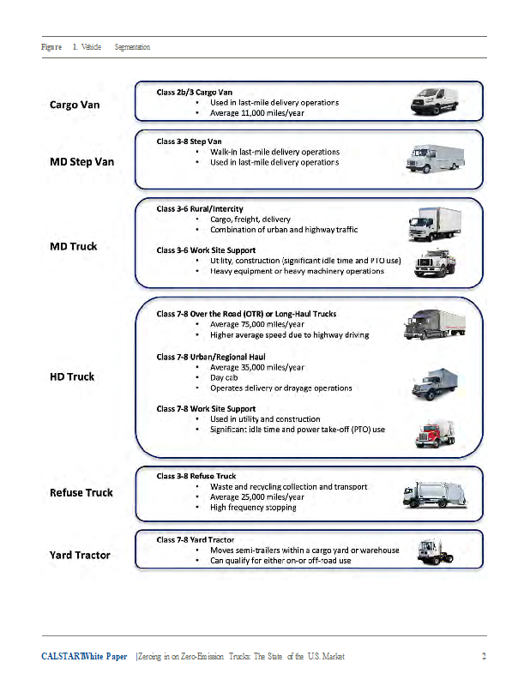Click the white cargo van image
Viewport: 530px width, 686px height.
435,100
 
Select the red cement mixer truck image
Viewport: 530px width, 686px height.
435,433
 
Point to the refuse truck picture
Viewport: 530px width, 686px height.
435,494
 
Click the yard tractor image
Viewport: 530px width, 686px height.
434,550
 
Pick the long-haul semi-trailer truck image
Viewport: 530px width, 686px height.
435,324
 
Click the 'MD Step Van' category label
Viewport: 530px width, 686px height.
81,162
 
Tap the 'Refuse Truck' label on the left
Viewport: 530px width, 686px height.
81,493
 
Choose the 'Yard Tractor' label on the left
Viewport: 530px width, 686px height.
80,555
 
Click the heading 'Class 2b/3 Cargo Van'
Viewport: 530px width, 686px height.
194,91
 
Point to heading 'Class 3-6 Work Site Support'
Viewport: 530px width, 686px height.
206,250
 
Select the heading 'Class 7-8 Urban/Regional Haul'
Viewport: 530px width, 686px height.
211,357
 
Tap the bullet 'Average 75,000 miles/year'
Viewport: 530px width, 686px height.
256,324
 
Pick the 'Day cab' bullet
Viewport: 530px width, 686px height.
224,377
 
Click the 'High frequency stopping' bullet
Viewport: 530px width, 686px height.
253,508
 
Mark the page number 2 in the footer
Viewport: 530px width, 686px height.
484,657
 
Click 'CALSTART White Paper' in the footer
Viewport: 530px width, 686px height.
84,657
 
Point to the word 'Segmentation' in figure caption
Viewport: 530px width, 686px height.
132,47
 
